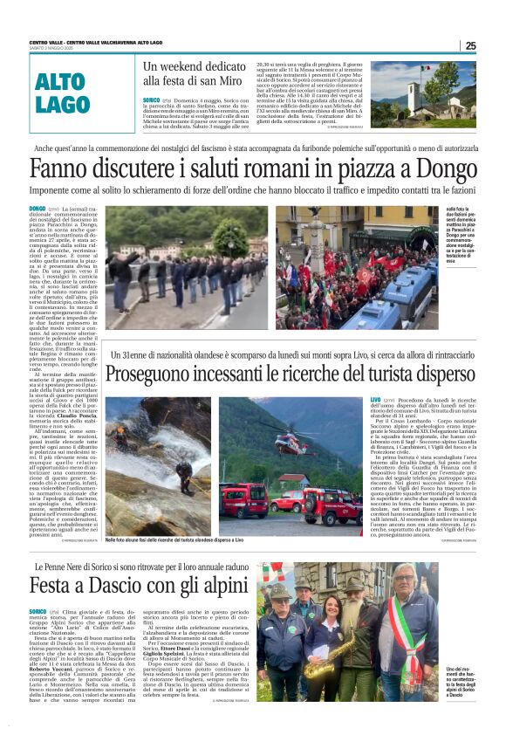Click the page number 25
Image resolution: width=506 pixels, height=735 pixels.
470,45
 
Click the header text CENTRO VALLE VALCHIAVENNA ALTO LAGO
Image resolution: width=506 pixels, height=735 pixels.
96,42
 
